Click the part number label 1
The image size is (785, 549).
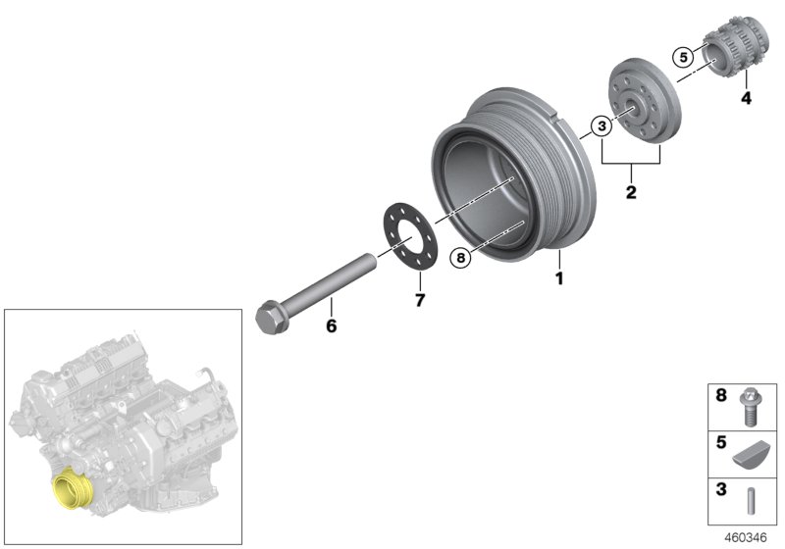coord(560,279)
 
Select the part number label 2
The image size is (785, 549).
coord(631,193)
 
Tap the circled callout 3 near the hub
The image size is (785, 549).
coord(601,125)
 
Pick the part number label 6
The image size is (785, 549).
coord(331,325)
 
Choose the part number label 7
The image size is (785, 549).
coord(419,301)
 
